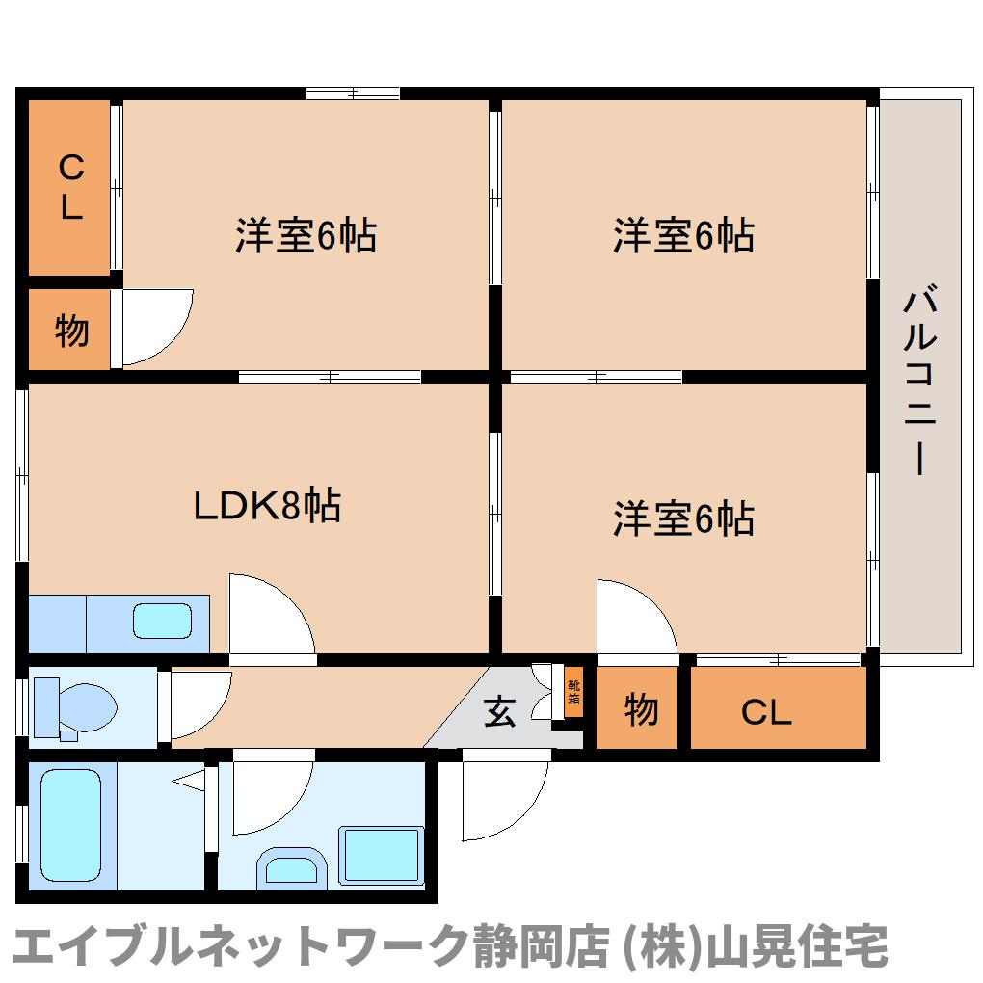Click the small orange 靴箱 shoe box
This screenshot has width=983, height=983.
573,693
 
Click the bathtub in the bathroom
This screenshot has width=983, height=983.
71,825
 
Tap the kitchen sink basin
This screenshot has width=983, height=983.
162,622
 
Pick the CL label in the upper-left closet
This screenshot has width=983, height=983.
71,187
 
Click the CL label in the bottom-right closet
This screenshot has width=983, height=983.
766,712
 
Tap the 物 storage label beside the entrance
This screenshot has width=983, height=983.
641,709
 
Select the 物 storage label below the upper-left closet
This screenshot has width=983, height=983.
71,331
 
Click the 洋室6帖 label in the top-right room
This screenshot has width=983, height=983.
683,235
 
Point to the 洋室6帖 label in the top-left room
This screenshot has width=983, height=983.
306,235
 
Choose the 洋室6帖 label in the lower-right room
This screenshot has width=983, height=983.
683,518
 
